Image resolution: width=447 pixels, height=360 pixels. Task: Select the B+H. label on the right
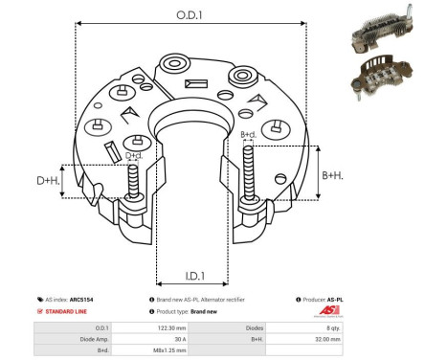point(331,175)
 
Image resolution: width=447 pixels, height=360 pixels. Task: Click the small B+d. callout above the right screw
point(247,135)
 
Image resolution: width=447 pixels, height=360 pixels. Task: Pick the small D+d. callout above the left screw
point(134,155)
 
